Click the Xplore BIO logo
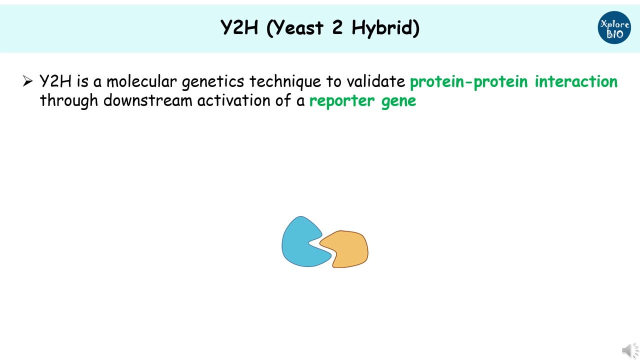point(614,27)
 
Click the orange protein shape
point(347,248)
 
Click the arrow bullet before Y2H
point(27,81)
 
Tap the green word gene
point(398,101)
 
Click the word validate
point(375,81)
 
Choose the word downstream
point(148,100)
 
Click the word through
point(69,101)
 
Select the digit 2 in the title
point(337,27)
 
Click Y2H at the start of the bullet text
point(55,81)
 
